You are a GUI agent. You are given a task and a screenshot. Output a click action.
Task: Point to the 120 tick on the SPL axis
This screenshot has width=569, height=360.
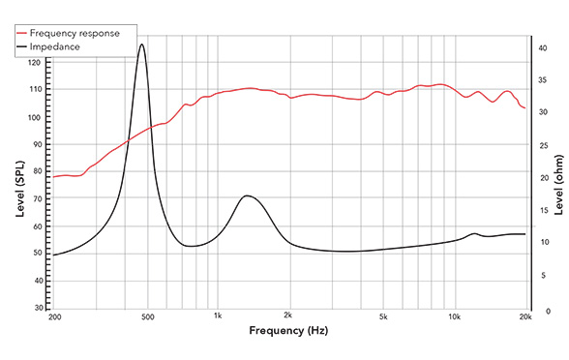coord(35,63)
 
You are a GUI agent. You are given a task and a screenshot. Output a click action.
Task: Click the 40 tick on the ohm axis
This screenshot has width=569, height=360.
coord(543,45)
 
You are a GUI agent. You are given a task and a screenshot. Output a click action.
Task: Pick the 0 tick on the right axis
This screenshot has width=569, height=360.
coord(540,311)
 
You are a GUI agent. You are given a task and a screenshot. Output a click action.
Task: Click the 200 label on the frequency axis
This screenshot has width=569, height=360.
coord(53,316)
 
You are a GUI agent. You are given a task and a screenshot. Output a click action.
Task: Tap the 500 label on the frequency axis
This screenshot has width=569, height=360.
coord(146,316)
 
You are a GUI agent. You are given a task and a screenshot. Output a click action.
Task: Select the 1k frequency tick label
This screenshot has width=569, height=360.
coord(218,316)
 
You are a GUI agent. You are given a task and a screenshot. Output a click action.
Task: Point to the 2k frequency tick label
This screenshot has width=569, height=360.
coord(288,316)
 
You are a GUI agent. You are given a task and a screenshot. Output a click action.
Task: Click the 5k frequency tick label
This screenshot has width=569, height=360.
coord(383,316)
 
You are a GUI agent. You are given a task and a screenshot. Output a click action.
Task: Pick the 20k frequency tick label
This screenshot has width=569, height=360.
coord(525,316)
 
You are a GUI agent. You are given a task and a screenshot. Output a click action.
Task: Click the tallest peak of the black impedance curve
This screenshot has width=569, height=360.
coord(142,44)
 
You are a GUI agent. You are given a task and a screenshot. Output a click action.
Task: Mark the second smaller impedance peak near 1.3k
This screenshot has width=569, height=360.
coord(248,195)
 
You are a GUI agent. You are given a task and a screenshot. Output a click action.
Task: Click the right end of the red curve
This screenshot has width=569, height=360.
coord(524,107)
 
